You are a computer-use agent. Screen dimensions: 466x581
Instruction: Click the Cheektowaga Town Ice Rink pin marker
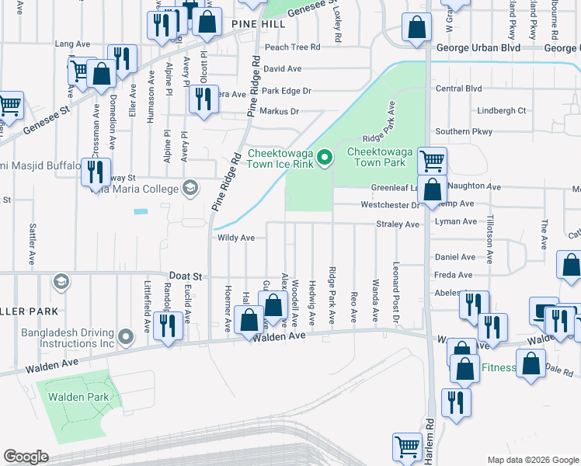326,160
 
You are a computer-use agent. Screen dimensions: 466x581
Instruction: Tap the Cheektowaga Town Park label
377,158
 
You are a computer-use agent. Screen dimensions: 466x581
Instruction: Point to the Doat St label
186,276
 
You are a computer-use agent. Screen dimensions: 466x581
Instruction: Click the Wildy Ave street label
236,238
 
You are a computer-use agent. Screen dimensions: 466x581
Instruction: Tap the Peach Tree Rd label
292,47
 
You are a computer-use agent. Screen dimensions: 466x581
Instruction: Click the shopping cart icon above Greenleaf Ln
433,161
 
